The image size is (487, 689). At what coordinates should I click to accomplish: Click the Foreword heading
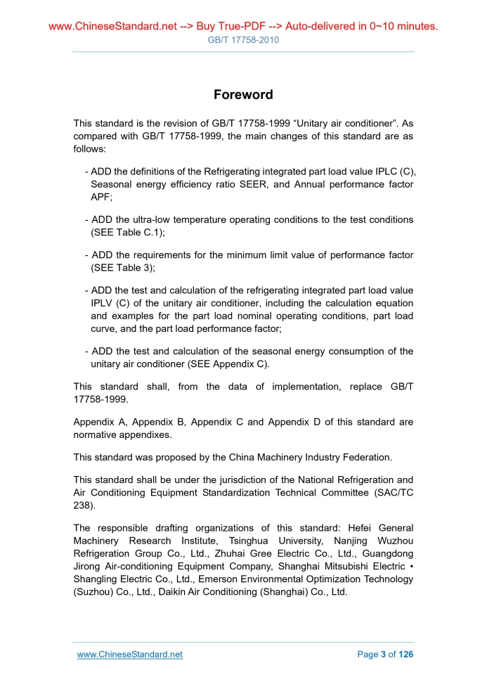pos(243,94)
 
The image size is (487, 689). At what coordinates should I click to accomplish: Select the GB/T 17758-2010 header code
pos(243,40)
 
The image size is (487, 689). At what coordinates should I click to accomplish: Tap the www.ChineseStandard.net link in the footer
pos(129,655)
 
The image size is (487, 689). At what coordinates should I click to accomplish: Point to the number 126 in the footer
pos(406,655)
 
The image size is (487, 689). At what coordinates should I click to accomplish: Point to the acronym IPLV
pos(103,303)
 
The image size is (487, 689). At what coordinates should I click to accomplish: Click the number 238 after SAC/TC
pos(82,504)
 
